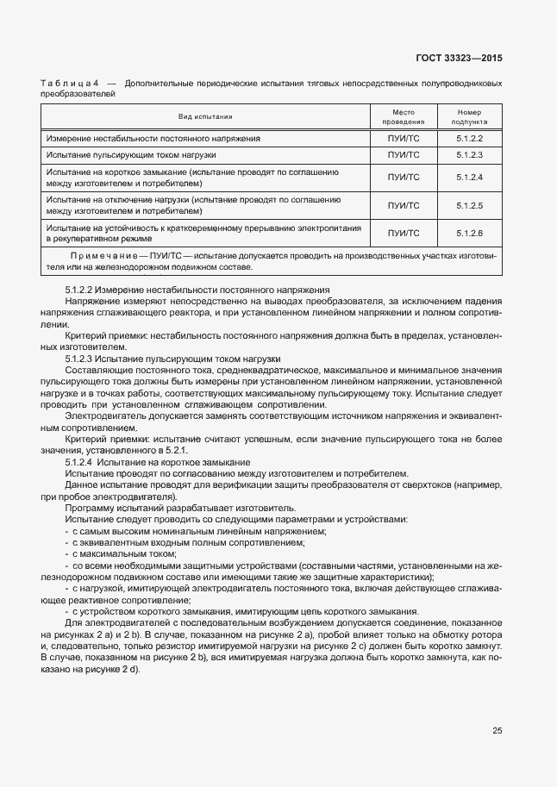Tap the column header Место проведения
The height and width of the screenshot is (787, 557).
[x=404, y=116]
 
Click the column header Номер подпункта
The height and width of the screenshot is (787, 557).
[x=469, y=116]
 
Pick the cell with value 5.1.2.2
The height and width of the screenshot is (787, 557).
[x=469, y=138]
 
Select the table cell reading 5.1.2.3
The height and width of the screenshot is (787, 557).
[x=469, y=155]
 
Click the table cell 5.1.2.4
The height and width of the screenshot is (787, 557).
[x=469, y=178]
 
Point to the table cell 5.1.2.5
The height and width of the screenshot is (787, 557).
[x=469, y=205]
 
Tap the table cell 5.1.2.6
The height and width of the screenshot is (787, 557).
[x=469, y=234]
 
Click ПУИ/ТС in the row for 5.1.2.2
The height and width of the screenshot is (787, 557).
[x=404, y=138]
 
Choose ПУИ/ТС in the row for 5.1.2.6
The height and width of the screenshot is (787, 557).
[x=404, y=234]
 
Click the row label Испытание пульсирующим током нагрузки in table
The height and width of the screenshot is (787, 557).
[x=131, y=155]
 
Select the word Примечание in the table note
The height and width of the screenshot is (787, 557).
[x=103, y=256]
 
